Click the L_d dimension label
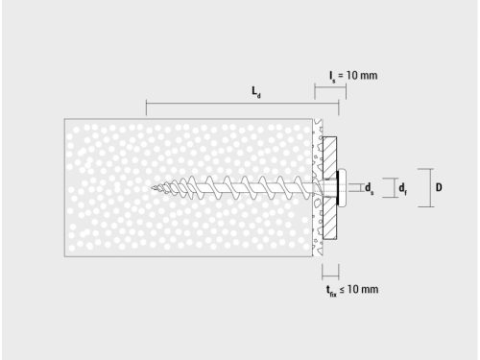(x=256, y=92)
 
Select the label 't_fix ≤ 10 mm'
(x=351, y=289)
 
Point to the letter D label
(x=438, y=187)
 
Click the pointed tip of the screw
(x=153, y=187)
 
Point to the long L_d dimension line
(x=230, y=102)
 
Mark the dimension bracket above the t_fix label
(x=329, y=273)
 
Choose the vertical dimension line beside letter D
(x=419, y=187)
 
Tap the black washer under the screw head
(x=337, y=187)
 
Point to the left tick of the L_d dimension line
(x=146, y=102)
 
